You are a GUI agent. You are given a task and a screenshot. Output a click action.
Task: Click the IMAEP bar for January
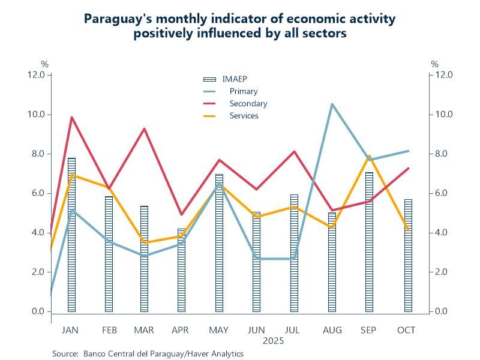click(71, 235)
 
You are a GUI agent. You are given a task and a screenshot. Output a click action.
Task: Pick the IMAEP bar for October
click(408, 255)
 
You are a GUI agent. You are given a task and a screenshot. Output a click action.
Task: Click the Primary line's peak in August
click(332, 104)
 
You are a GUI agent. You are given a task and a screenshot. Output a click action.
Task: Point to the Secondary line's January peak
click(72, 118)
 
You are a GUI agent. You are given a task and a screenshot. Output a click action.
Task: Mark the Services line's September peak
click(369, 157)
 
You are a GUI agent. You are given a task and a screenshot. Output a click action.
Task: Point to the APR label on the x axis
click(181, 331)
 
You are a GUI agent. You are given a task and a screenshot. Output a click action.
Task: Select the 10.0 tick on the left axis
click(37, 114)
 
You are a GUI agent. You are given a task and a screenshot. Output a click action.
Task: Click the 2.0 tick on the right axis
click(444, 272)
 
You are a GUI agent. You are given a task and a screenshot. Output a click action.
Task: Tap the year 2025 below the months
click(273, 341)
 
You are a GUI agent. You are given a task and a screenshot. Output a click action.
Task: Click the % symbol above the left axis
click(44, 64)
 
